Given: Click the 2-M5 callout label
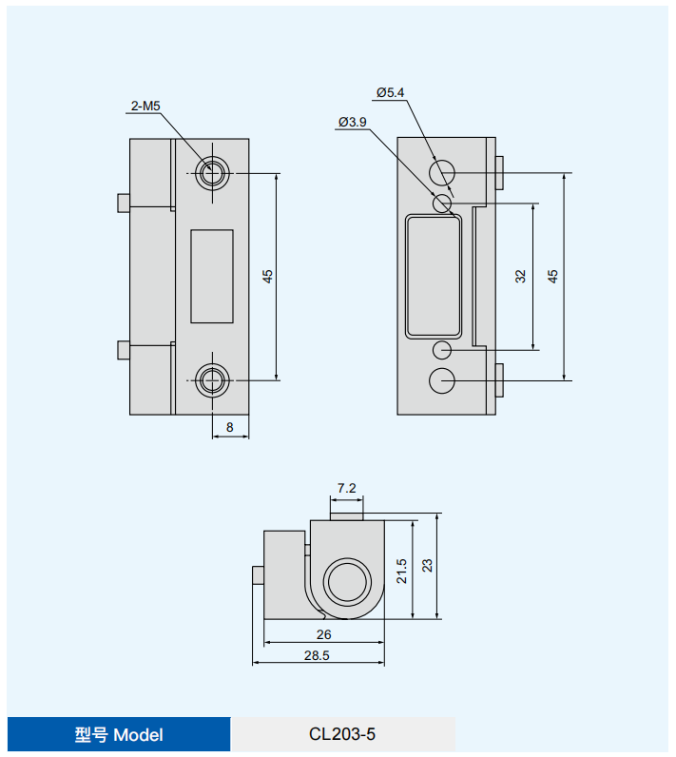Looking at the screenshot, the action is (x=145, y=106).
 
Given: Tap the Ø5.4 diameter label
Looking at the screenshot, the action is (x=391, y=92).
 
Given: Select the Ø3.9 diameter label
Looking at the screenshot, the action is (x=352, y=122).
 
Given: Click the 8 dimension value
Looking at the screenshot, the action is (x=230, y=427).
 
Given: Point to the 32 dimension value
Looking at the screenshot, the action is (x=520, y=276).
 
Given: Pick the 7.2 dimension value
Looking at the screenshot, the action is (x=346, y=488).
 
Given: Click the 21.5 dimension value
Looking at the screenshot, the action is (x=401, y=572).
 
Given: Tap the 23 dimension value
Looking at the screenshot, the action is (x=427, y=565).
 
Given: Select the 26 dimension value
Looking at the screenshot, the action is (x=324, y=634).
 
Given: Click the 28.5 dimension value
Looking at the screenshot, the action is (x=317, y=655).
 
